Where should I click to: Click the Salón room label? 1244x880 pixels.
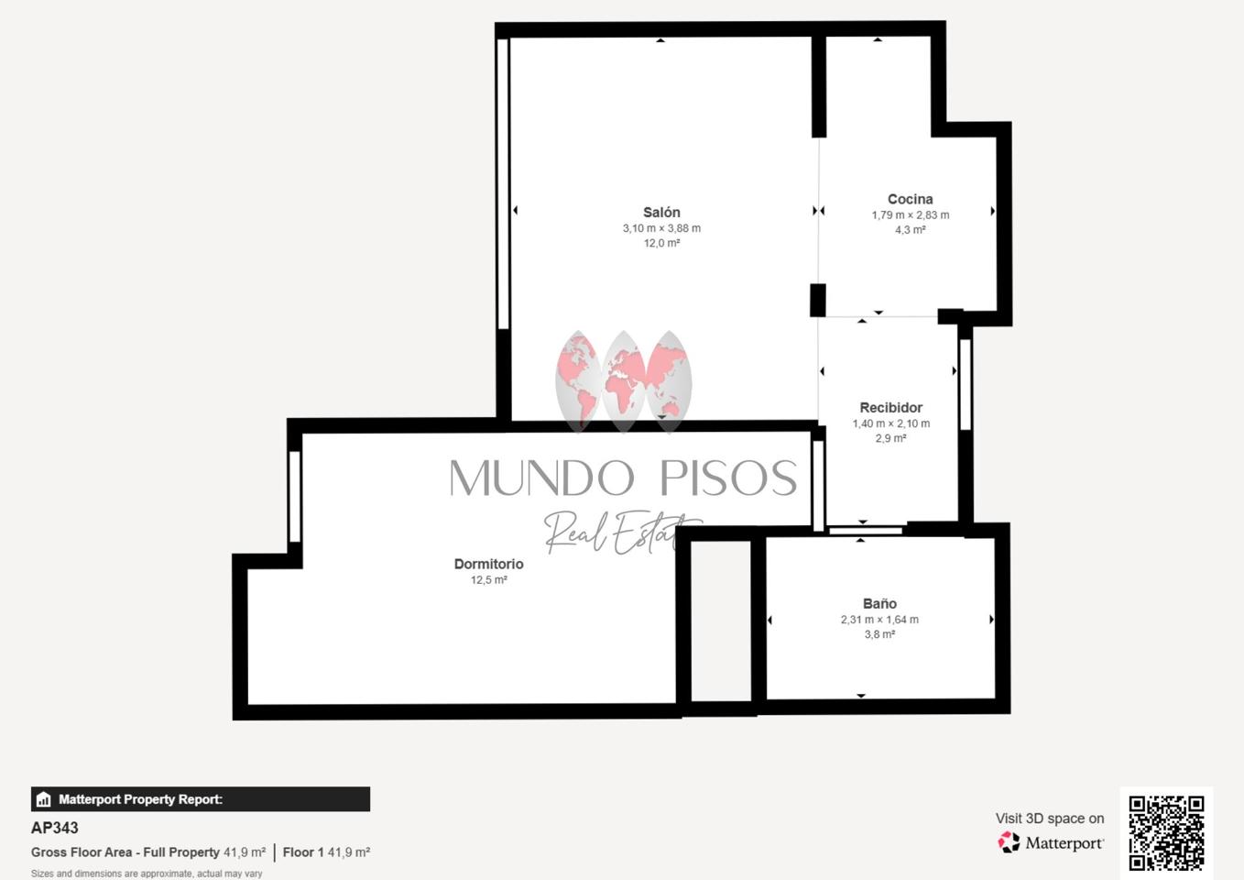coord(661,213)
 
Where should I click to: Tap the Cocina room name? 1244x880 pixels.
coord(911,199)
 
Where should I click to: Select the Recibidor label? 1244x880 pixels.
coord(891,407)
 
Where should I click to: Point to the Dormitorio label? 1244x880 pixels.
coord(489,564)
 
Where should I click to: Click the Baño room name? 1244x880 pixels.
coord(879,603)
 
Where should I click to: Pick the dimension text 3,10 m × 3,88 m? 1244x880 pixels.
coord(661,228)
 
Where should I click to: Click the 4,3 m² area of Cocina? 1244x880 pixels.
coord(911,230)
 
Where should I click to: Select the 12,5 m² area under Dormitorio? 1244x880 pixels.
coord(489,580)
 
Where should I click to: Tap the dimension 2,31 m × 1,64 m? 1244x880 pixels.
coord(879,620)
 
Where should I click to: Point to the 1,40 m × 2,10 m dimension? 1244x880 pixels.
coord(891,423)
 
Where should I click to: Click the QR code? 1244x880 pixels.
coord(1167,832)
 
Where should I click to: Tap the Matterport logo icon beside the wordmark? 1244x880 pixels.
coord(1009,842)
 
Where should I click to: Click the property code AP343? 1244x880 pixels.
coord(54,828)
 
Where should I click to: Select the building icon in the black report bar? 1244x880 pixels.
coord(43,799)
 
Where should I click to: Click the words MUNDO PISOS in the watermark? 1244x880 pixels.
coord(623,478)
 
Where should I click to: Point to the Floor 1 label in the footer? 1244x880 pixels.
coord(302,852)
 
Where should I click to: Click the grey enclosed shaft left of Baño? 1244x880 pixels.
coord(721,621)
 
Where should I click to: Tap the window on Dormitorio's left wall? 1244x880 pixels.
coord(295,496)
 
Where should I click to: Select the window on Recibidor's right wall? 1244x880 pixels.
coord(966,384)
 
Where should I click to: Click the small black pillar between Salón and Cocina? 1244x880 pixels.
coord(817,300)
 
